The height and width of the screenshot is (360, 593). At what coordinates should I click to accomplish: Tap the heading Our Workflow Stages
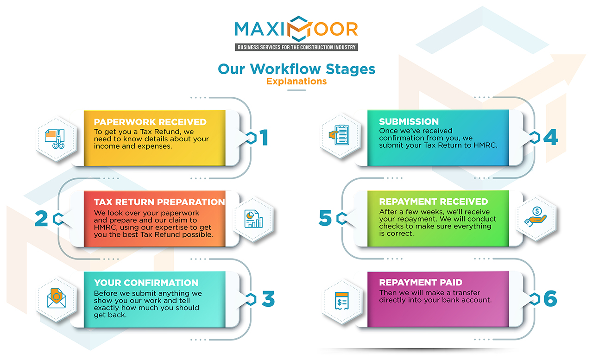[296, 69]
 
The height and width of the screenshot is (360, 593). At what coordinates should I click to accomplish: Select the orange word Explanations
[296, 82]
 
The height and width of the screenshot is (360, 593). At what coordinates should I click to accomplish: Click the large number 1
[264, 138]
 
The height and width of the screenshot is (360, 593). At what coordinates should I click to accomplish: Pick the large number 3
[268, 299]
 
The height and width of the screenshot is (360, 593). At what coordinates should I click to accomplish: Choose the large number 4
[550, 138]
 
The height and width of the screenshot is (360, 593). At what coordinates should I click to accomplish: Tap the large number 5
[325, 218]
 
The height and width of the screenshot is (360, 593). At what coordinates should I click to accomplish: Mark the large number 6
[550, 299]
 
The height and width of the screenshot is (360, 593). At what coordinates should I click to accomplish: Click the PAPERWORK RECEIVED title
[150, 122]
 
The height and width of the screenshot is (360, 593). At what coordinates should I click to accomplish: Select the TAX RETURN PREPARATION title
[159, 202]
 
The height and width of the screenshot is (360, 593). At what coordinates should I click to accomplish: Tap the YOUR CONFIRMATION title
[146, 283]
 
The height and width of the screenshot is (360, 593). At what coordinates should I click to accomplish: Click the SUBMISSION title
[409, 122]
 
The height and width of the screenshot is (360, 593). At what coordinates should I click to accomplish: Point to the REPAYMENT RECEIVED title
[434, 202]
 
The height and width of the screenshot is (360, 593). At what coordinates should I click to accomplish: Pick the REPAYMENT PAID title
[421, 283]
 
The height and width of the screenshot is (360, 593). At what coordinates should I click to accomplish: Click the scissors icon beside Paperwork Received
[55, 139]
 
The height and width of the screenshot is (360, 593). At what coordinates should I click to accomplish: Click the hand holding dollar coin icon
[536, 218]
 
